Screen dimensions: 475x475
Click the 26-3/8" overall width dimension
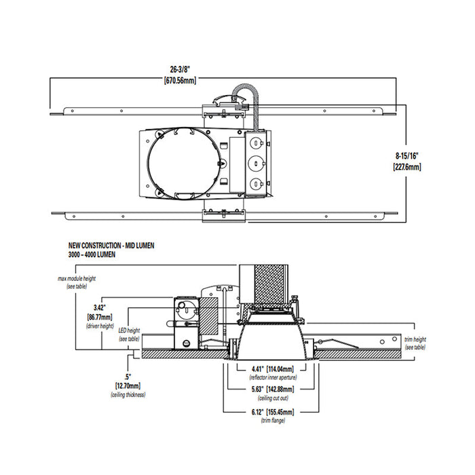click(180, 68)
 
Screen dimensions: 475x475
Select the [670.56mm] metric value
click(180, 80)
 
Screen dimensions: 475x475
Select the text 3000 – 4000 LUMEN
click(93, 254)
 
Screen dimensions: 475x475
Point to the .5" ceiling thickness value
click(127, 375)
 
